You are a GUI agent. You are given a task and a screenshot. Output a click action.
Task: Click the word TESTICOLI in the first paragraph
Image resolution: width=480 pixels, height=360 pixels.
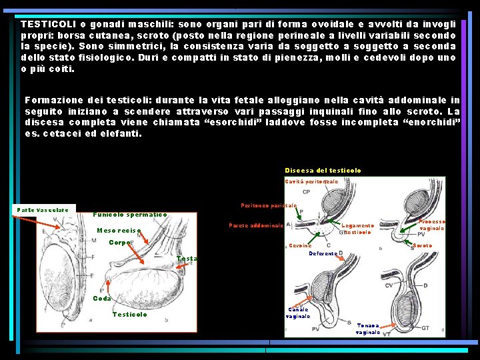point(47,23)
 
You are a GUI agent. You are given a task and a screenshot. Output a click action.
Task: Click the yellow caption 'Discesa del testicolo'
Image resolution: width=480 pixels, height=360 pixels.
point(323,171)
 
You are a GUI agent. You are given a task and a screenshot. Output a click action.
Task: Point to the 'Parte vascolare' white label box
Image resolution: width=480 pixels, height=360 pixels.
point(43,209)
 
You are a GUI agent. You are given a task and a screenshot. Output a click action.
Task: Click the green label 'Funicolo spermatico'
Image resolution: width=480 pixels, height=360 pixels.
point(130,214)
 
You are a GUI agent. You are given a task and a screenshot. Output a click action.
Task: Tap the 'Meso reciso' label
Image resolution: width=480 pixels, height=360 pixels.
point(119,231)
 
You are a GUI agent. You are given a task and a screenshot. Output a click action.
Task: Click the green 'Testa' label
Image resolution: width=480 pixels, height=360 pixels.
point(187,259)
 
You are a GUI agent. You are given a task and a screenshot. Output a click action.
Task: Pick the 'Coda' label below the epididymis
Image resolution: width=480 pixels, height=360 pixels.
point(102,298)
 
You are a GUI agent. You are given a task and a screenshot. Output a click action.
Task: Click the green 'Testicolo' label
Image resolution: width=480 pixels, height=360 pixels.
point(130,315)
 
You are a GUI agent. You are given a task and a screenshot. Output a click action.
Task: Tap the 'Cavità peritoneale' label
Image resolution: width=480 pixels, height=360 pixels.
point(311,181)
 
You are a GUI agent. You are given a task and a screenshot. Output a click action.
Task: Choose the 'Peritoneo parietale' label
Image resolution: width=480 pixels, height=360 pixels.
point(269,205)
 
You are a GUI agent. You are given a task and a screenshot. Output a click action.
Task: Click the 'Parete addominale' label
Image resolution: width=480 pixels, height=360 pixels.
point(257,225)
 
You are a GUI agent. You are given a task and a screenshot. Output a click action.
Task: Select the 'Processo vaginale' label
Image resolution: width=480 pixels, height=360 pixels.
point(432,225)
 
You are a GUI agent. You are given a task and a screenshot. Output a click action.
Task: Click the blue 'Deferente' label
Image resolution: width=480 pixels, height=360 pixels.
point(323,253)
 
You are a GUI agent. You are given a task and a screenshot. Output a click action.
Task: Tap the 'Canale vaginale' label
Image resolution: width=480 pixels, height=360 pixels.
point(298,313)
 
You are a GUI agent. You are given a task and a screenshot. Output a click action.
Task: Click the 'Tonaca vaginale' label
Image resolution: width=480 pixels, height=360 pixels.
point(368,328)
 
